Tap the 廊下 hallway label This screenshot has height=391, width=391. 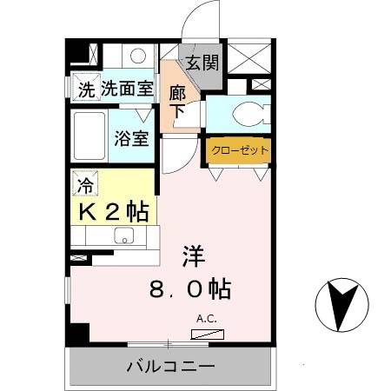click(177, 99)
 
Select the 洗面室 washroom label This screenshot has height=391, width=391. click(127, 89)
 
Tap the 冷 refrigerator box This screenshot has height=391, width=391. click(85, 184)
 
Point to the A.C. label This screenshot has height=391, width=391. click(207, 318)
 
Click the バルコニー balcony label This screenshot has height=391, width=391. click(170, 368)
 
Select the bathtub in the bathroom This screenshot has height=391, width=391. click(89, 134)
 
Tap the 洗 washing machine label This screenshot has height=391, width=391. click(86, 89)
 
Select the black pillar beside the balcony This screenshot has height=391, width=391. click(79, 334)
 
